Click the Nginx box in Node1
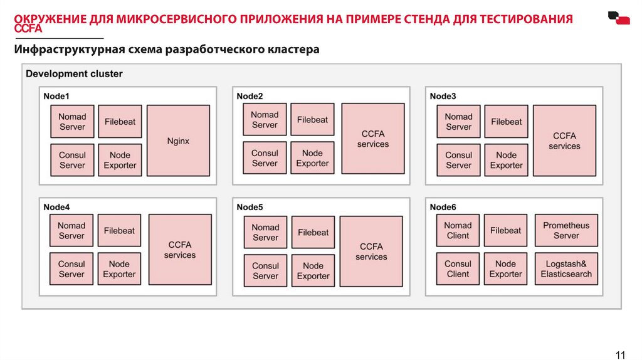point(179,140)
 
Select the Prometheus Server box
point(566,231)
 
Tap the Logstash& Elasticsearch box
point(566,269)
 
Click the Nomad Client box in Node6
point(458,231)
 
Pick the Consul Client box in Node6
point(458,269)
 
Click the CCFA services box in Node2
point(373,139)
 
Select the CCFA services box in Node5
point(371,251)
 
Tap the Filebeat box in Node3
point(506,122)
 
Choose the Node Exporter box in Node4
point(119,269)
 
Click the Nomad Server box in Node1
point(72,122)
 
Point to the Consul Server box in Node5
point(265,271)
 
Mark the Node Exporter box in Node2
point(312,158)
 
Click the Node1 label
point(56,96)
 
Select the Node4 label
point(56,207)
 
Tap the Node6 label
point(443,207)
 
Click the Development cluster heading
point(74,74)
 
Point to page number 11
point(621,354)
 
